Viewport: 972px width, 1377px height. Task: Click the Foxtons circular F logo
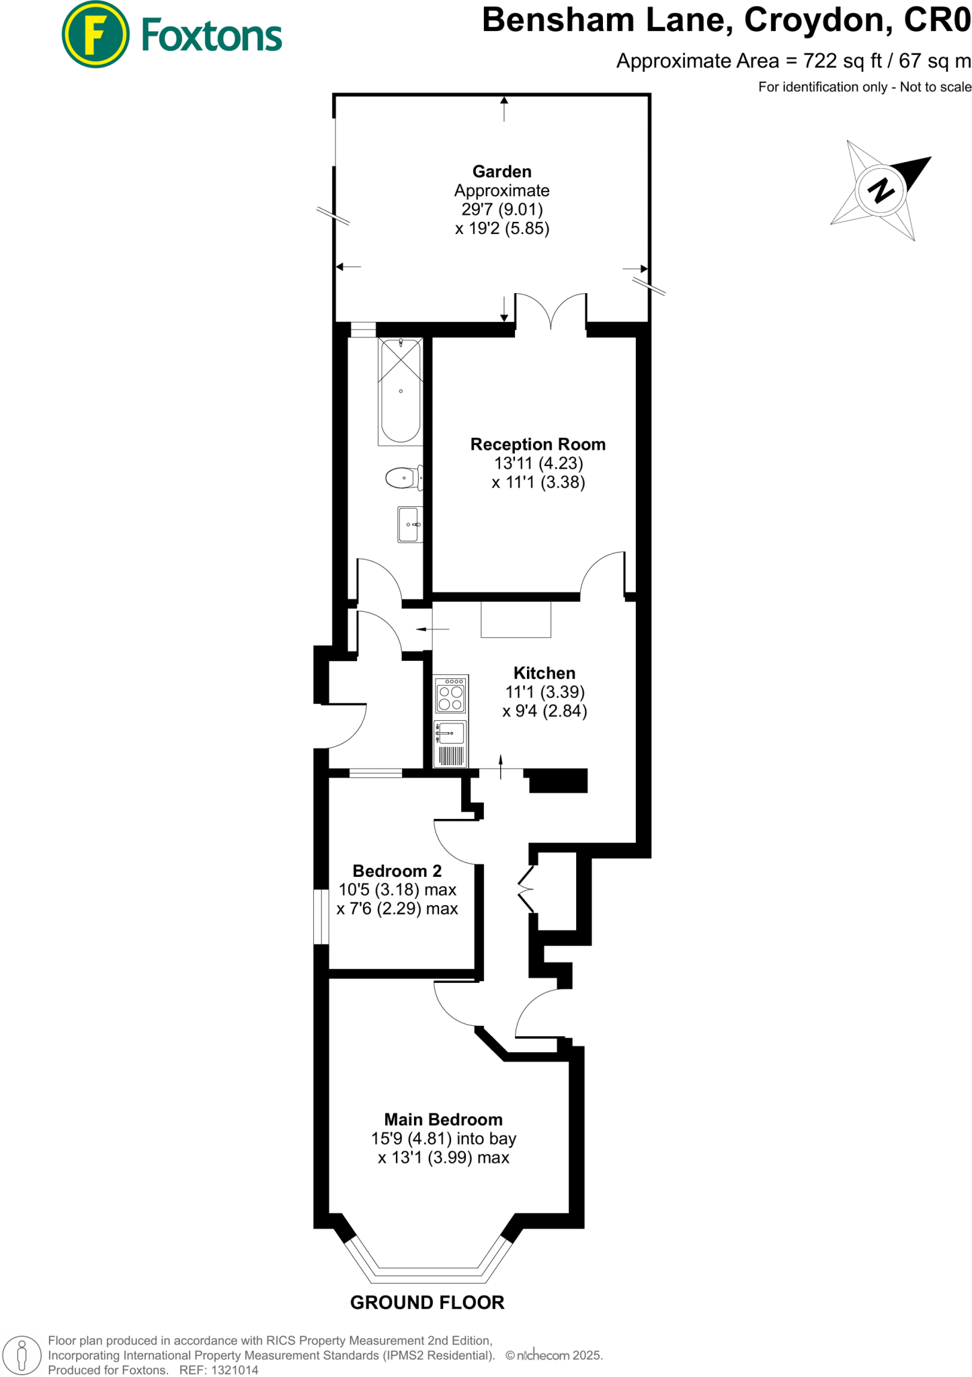click(x=95, y=34)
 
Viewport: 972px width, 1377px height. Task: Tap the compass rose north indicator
click(x=881, y=190)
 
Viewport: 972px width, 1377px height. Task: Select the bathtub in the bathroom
click(x=401, y=391)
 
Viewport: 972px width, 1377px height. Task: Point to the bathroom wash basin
click(x=409, y=524)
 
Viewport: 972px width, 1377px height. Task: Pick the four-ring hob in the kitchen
click(x=450, y=695)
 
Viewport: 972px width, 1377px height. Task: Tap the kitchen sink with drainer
click(x=450, y=743)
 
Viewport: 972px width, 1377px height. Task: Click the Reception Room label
click(x=538, y=444)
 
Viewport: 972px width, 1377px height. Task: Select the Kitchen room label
click(x=544, y=673)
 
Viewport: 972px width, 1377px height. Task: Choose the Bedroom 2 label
click(x=397, y=871)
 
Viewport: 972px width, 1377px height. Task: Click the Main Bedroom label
click(x=443, y=1119)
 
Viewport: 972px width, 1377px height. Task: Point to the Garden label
click(x=501, y=171)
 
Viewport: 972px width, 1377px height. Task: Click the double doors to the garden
click(x=551, y=312)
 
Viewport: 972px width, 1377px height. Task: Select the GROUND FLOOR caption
click(x=427, y=1302)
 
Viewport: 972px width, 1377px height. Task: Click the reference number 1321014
click(x=235, y=1370)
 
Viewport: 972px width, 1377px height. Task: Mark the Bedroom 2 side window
click(x=321, y=916)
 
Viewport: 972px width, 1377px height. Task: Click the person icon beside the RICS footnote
click(x=22, y=1354)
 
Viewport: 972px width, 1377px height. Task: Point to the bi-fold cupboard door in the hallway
click(x=526, y=890)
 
